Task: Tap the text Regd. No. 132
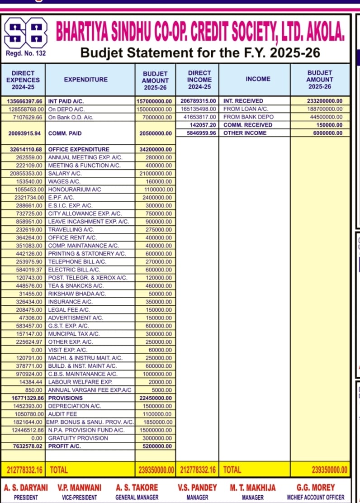[x=26, y=54]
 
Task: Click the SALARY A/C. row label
[x=65, y=173]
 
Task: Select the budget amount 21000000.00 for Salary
[x=156, y=173]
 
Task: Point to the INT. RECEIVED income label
[x=243, y=101]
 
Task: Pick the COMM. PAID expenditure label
[x=65, y=133]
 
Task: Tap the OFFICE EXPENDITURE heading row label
[x=79, y=149]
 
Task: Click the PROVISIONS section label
[x=65, y=398]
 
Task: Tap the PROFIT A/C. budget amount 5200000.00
[x=156, y=446]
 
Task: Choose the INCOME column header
[x=258, y=79]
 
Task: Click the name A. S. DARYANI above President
[x=26, y=488]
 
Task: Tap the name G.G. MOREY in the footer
[x=316, y=488]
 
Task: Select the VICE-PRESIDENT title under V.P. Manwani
[x=80, y=497]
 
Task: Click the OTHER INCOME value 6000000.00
[x=323, y=133]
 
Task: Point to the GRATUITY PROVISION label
[x=78, y=438]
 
